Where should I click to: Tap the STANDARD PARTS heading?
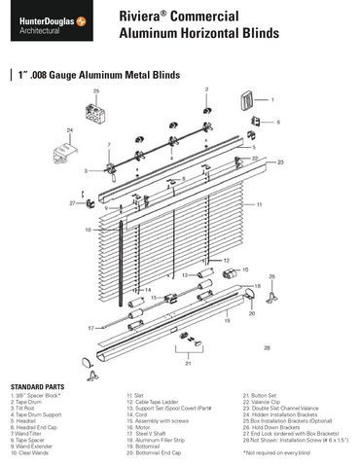36,387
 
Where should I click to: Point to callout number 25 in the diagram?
96,90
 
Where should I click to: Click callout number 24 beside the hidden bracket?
70,129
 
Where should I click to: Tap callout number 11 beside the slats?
260,205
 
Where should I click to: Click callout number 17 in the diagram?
90,328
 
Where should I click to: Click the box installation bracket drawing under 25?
97,115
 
